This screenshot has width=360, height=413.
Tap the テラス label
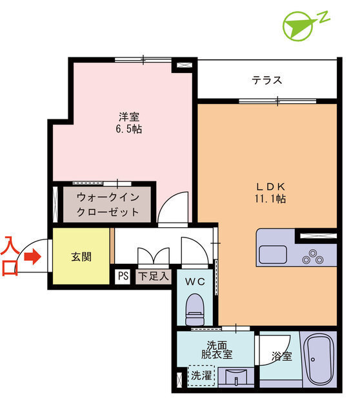[266, 80]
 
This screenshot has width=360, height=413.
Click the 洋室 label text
[129, 116]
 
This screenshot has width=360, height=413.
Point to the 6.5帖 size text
[129, 129]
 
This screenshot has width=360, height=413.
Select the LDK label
[271, 186]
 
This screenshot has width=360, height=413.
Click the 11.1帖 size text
[270, 199]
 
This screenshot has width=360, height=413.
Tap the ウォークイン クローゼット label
[108, 205]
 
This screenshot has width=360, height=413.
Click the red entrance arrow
[32, 257]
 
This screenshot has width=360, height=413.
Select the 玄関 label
[81, 257]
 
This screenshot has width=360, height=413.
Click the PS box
[123, 276]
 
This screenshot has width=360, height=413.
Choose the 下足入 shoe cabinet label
[154, 276]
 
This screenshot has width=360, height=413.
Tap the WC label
[195, 282]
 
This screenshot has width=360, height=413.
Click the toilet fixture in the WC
[195, 310]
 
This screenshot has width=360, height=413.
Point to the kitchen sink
[272, 254]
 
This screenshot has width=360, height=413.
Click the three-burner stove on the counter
[313, 257]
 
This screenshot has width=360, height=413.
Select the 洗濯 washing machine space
[201, 376]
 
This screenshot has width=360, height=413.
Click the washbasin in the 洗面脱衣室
[236, 377]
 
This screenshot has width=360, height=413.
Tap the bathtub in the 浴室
[319, 359]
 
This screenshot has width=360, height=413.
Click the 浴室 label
[281, 356]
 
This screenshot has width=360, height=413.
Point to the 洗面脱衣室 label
[217, 350]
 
